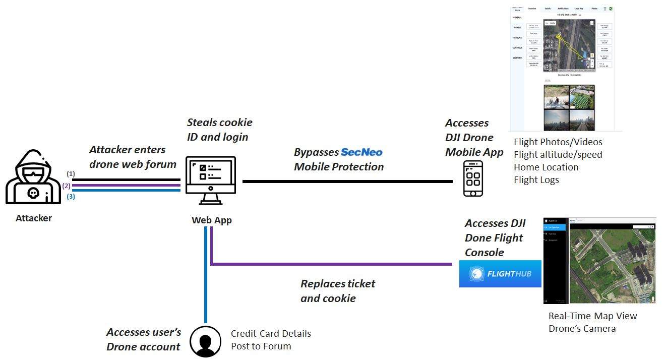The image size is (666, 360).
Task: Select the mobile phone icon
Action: [x=473, y=179]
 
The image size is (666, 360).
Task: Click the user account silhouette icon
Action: [x=205, y=341]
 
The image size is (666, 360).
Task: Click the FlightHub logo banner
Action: [x=500, y=274]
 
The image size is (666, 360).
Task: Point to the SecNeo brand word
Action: [x=361, y=152]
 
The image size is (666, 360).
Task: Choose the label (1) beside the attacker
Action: [x=71, y=173]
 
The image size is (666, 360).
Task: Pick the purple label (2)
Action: [x=67, y=186]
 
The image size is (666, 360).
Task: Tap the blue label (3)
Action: [x=71, y=197]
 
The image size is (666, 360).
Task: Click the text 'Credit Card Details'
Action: [x=271, y=334]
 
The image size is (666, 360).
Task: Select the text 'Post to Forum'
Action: [x=261, y=346]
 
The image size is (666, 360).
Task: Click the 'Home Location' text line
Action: [x=546, y=167]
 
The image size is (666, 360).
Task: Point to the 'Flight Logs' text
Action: [x=536, y=179]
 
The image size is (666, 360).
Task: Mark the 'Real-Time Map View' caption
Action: [x=592, y=316]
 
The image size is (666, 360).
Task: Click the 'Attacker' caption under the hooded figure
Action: [x=34, y=218]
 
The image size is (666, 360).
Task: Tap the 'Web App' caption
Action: [x=211, y=220]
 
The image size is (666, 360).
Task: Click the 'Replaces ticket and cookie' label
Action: [x=337, y=291]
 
